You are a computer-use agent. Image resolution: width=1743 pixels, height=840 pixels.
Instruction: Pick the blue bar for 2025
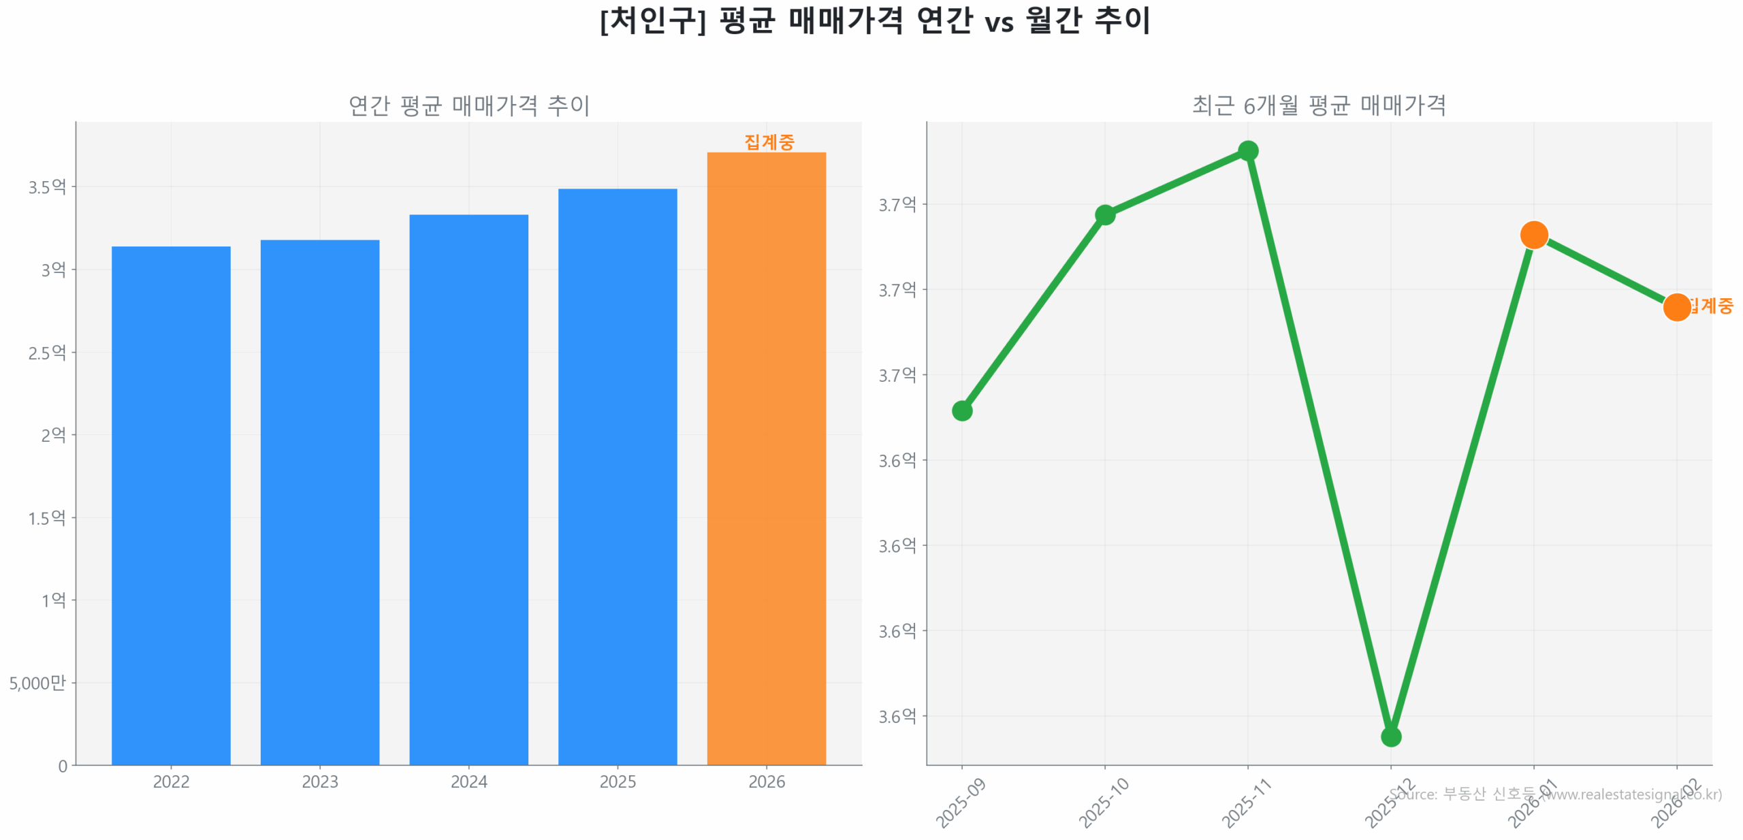click(617, 476)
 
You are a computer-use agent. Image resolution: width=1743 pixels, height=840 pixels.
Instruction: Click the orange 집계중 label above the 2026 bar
click(769, 142)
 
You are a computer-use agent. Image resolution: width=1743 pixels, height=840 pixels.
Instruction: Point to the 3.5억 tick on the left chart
click(47, 187)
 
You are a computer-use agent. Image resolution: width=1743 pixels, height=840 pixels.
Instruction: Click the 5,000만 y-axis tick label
click(37, 683)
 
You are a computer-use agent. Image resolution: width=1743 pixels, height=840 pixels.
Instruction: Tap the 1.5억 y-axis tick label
click(47, 518)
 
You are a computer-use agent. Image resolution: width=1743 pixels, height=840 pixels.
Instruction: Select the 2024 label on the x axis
click(468, 781)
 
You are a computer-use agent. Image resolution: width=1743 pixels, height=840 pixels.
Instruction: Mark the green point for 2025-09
click(961, 410)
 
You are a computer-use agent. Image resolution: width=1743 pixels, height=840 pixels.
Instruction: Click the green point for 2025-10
click(1104, 215)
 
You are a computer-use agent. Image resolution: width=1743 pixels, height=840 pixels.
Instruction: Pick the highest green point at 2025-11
click(1247, 150)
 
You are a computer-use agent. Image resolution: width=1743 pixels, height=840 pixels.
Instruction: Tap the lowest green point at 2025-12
click(1390, 737)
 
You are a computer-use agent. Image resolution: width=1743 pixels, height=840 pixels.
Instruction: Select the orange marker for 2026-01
click(1533, 236)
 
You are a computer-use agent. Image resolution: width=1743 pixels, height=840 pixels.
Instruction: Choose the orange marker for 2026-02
click(1676, 307)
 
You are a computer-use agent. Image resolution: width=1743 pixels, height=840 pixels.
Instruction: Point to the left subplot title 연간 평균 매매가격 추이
click(468, 106)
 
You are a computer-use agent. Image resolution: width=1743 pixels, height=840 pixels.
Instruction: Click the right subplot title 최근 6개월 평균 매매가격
click(1318, 106)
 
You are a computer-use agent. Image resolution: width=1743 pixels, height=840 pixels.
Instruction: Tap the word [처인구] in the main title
click(652, 20)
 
